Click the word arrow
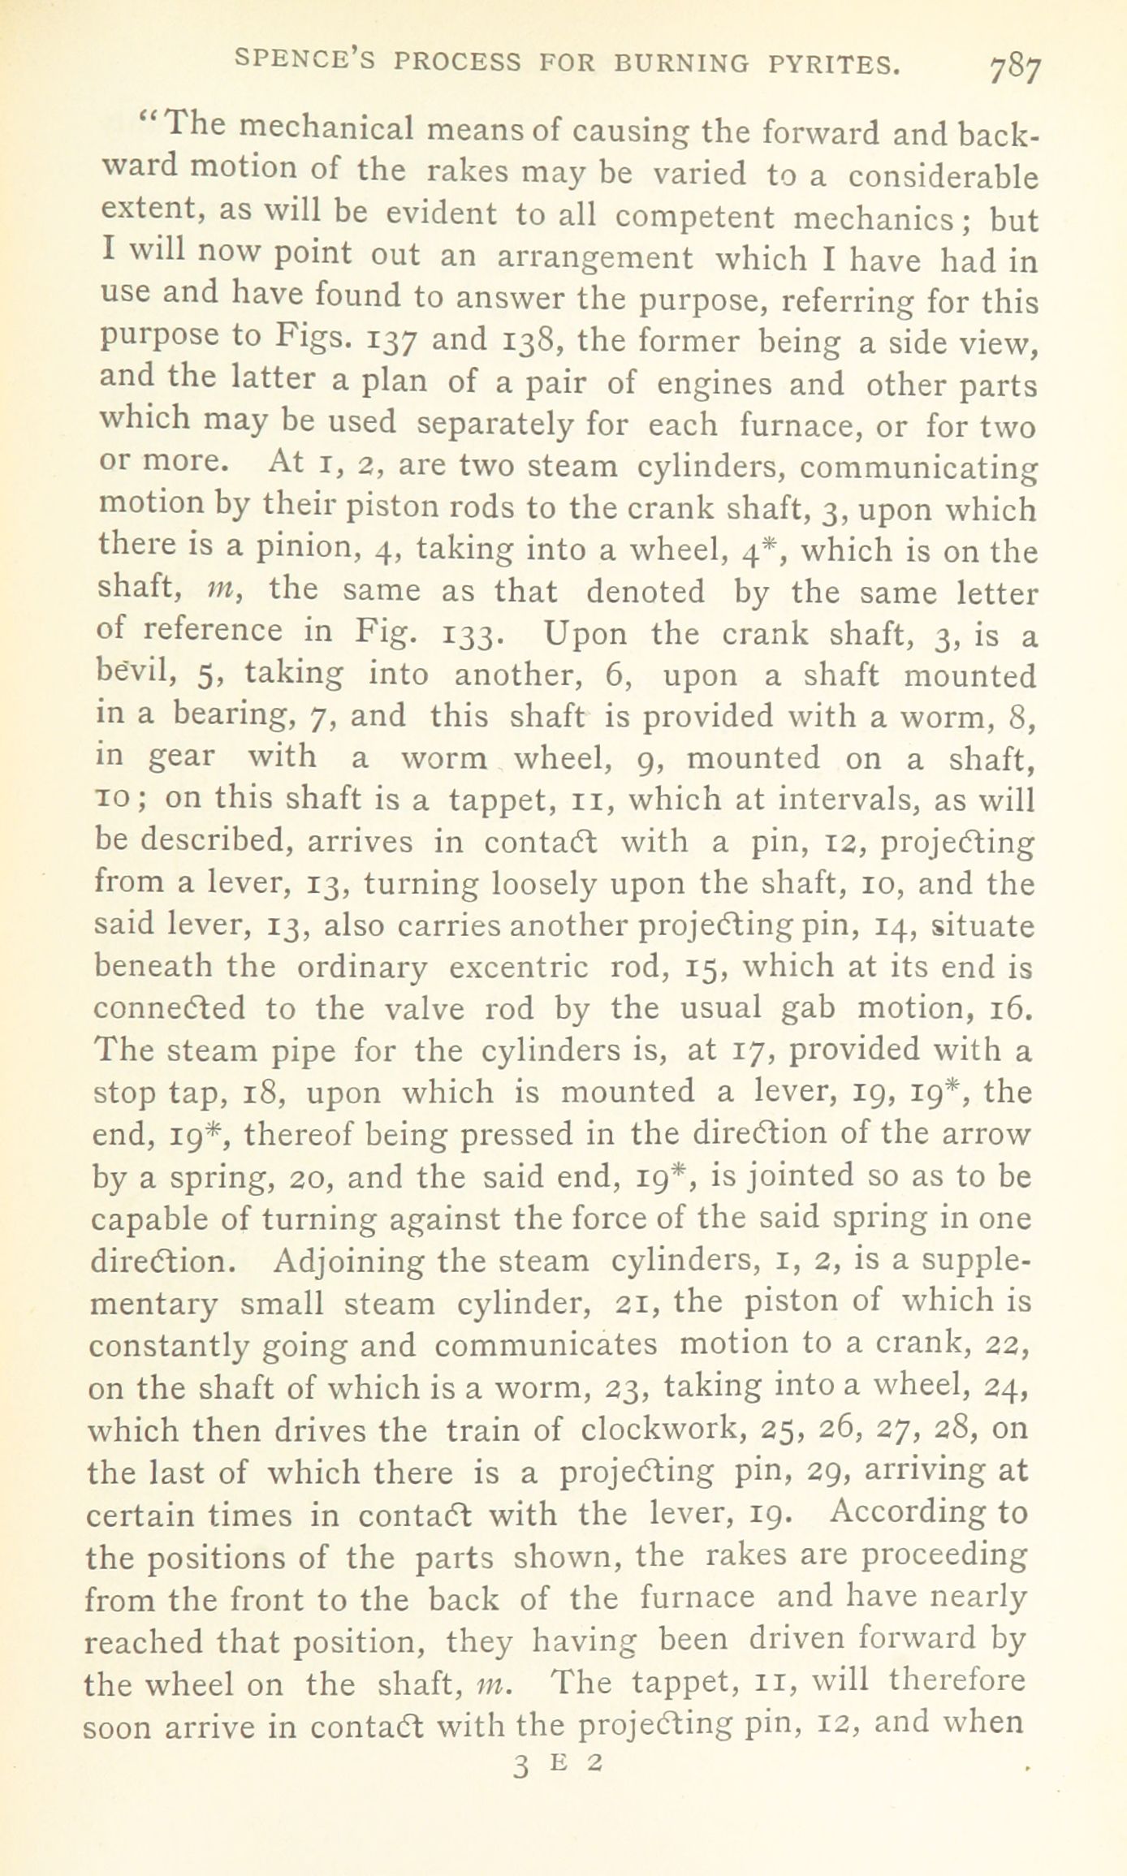[x=990, y=1132]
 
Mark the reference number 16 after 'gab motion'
[x=1012, y=1008]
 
